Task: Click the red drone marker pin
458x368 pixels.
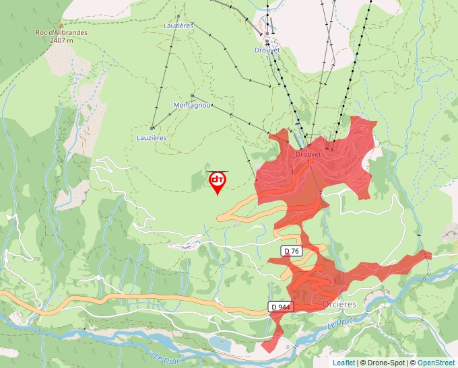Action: click(x=217, y=182)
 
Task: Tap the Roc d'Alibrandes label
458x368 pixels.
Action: click(x=61, y=32)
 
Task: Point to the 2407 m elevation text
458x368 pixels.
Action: click(x=61, y=40)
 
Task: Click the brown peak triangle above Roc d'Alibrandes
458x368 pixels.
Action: click(x=61, y=25)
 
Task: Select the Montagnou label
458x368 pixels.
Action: click(x=193, y=106)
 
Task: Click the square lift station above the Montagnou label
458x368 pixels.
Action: click(x=192, y=96)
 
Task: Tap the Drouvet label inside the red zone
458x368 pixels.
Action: click(x=309, y=153)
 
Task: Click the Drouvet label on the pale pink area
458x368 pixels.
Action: click(x=267, y=50)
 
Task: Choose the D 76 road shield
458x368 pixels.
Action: click(x=291, y=251)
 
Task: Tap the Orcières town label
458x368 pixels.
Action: click(x=339, y=304)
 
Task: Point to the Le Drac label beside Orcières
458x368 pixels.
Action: click(x=341, y=324)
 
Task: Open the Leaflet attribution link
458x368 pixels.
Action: click(x=343, y=363)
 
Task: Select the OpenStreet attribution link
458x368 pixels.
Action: click(x=437, y=363)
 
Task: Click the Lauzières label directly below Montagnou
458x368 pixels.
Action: click(x=152, y=137)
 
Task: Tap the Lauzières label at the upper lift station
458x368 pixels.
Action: click(x=178, y=26)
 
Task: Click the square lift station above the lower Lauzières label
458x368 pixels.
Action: click(x=152, y=128)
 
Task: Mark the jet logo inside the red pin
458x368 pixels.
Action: click(x=217, y=179)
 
